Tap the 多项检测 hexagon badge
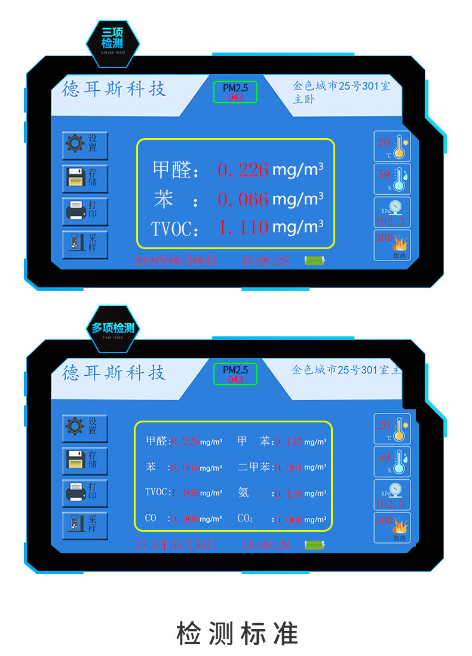113,328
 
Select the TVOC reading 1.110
243,227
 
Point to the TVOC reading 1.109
185,493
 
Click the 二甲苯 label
254,467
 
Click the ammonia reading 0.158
289,493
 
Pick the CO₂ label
245,519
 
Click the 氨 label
243,493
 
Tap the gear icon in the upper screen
75,143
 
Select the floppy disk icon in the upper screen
75,177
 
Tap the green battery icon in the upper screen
314,260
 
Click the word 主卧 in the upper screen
303,100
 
